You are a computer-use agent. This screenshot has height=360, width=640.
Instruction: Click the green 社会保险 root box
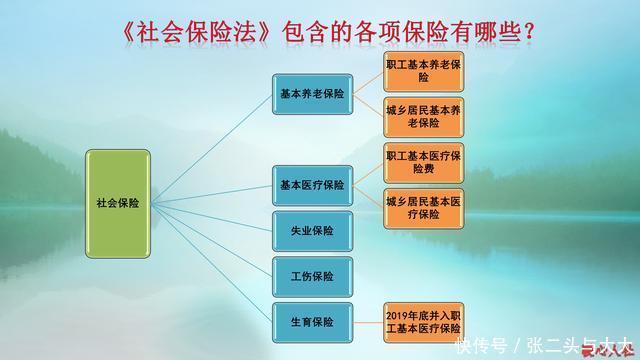coord(118,202)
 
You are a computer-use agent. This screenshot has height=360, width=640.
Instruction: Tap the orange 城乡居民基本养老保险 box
coord(423,117)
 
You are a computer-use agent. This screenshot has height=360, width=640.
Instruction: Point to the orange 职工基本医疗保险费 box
coord(423,163)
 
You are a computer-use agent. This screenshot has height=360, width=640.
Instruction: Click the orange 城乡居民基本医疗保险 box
coord(423,208)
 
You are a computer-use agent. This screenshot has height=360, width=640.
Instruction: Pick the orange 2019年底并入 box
coord(423,322)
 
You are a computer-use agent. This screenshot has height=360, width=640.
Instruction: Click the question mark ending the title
coord(528,33)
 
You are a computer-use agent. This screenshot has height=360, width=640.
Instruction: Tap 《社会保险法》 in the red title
coord(184,33)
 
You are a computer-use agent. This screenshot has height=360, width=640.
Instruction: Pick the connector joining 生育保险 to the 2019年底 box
coord(365,322)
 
